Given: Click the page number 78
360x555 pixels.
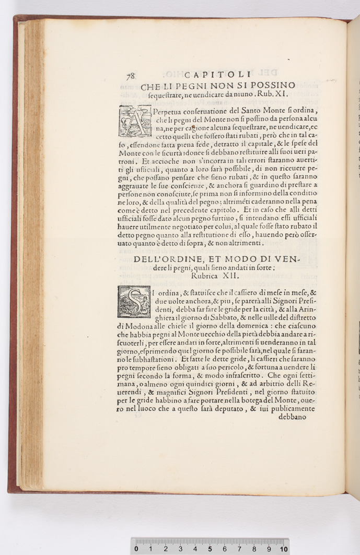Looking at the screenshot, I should tap(130, 76).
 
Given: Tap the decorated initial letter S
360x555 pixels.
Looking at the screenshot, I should tap(134, 302).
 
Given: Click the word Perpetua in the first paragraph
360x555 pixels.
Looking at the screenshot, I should tap(170, 110).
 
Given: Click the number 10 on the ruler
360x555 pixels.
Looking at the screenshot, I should tap(284, 549).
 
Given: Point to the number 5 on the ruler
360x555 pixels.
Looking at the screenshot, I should tap(210, 549).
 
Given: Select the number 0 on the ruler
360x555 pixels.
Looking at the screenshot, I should tap(136, 549).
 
